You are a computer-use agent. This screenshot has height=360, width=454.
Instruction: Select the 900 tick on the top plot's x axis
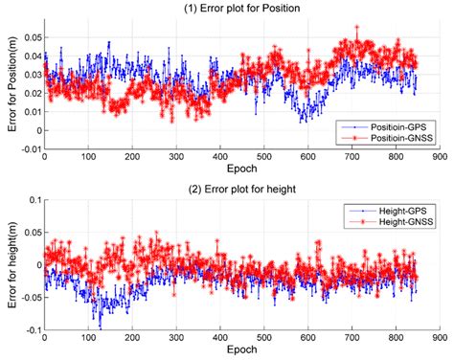[438, 158]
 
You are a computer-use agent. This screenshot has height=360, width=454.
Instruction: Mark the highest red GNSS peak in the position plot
[356, 28]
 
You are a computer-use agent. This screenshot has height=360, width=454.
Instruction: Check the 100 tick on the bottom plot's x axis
[88, 338]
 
